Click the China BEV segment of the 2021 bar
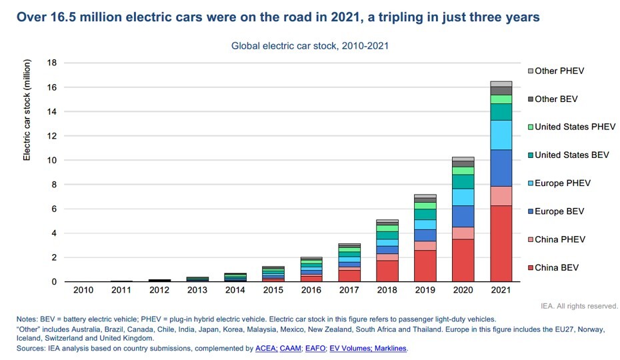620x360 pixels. [501, 243]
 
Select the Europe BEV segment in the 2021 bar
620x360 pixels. [501, 167]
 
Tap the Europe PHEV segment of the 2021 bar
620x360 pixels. [501, 135]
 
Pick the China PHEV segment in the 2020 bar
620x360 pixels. [463, 233]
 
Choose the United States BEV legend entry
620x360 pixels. [571, 155]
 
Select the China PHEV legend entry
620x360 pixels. [559, 239]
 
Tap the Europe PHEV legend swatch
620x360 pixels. [530, 183]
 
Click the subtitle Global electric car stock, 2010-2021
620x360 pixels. [310, 46]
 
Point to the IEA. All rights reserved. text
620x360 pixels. [579, 306]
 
